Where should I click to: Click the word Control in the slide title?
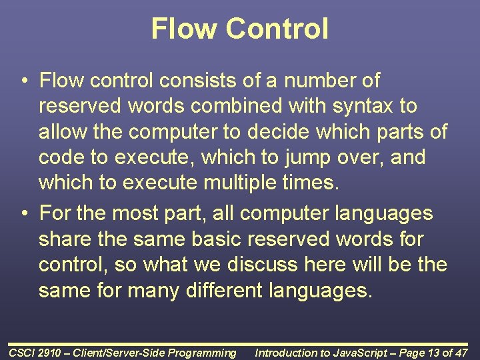[277, 29]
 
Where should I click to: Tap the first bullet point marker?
[23, 81]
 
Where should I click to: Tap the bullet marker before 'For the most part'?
[23, 214]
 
